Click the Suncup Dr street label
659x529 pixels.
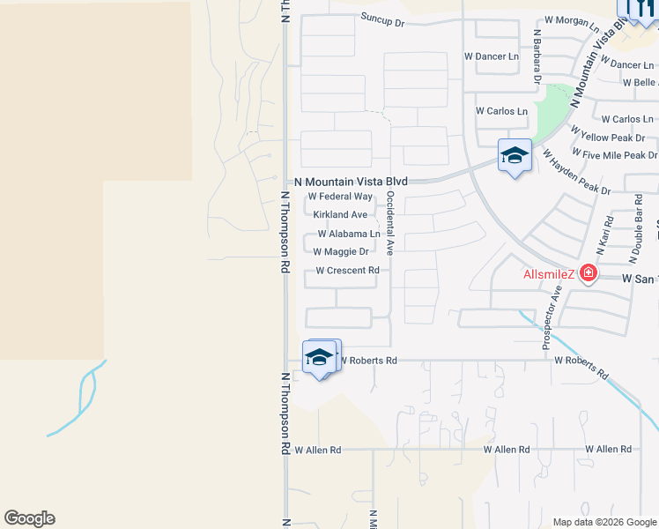coord(381,19)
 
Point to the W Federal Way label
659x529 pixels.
coord(340,197)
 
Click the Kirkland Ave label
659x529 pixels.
coord(340,214)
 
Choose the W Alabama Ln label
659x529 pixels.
coord(349,234)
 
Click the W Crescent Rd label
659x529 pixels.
coord(347,271)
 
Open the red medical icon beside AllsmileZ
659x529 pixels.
coord(586,274)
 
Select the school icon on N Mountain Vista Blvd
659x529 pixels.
coord(515,156)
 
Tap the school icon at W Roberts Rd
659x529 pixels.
coord(320,357)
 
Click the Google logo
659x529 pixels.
coord(29,518)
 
